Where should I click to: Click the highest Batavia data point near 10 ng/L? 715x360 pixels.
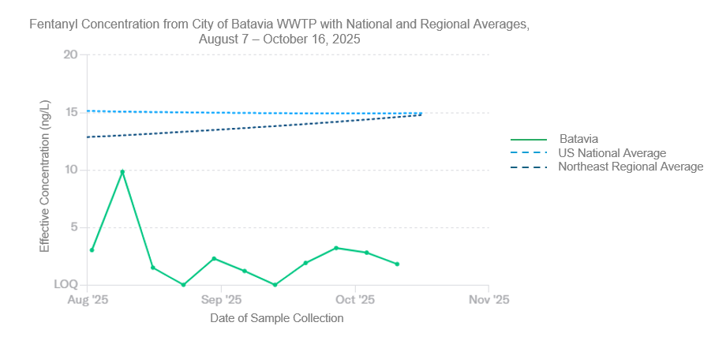coord(122,171)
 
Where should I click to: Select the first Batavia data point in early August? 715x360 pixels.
coord(92,250)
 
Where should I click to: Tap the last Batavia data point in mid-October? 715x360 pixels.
coord(397,264)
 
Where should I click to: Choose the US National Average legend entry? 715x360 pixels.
coord(612,152)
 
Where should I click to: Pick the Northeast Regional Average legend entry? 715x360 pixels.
coord(630,167)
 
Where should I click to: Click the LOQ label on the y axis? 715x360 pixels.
coord(66,284)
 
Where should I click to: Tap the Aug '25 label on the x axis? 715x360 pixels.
coord(88,300)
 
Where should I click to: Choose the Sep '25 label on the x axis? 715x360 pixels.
coord(221,300)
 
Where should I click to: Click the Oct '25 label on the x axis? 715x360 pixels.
coord(355,300)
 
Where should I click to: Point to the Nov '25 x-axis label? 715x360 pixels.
coord(489,300)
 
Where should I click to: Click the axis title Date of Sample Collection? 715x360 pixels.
coord(276,318)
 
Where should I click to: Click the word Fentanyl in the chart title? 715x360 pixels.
coord(52,24)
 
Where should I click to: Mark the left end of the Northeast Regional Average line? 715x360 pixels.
coord(88,137)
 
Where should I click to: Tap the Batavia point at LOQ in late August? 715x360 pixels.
coord(183,285)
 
